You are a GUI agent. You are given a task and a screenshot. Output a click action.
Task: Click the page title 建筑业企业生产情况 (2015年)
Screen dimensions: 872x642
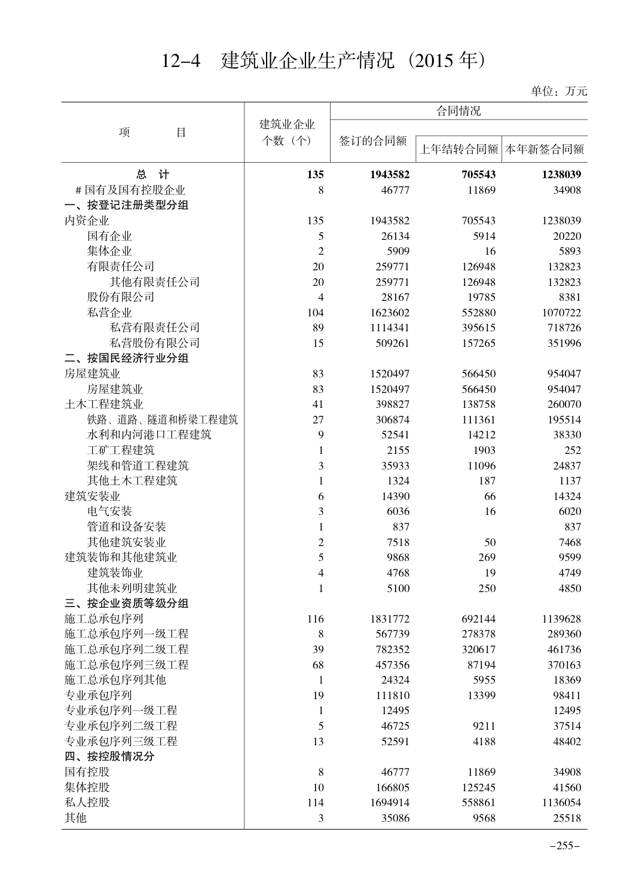coord(322,60)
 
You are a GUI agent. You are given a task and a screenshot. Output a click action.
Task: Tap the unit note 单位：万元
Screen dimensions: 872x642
coord(559,91)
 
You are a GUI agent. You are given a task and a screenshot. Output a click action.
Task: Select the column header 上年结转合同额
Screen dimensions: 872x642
coord(458,149)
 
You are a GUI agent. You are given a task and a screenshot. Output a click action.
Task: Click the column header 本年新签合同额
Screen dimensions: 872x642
coord(545,149)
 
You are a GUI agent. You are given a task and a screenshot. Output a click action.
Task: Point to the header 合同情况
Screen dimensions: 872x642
coord(458,111)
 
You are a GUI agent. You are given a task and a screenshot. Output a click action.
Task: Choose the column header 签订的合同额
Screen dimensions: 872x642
coord(373,141)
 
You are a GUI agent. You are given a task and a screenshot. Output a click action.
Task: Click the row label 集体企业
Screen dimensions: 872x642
coord(109,251)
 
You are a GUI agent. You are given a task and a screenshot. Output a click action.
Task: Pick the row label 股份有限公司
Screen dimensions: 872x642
coord(121,297)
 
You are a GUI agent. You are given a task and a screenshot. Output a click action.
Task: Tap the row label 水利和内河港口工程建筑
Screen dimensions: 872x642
coord(149,435)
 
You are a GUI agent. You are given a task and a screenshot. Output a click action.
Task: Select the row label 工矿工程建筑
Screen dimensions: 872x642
coord(121,450)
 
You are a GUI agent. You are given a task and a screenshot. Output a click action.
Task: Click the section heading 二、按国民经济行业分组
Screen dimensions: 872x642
coord(127,358)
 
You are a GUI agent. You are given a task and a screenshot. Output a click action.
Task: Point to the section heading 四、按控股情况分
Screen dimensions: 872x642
coord(109,757)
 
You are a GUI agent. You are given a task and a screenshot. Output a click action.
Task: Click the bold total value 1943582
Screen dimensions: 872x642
coord(389,175)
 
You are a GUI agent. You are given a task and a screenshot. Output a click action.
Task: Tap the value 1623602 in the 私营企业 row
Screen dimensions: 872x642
coord(389,312)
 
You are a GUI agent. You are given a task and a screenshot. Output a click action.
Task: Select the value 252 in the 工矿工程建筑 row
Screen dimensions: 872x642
coord(572,450)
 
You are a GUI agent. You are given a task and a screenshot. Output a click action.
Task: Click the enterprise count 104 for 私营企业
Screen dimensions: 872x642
coord(315,312)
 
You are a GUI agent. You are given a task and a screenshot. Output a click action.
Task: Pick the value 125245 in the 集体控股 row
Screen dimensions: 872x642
coord(479,787)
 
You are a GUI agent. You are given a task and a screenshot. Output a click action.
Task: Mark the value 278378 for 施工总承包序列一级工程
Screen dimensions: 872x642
coord(479,634)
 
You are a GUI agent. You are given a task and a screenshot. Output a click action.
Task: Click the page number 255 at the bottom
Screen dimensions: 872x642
coord(565,845)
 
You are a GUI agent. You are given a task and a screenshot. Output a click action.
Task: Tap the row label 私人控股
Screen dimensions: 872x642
coord(87,803)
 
